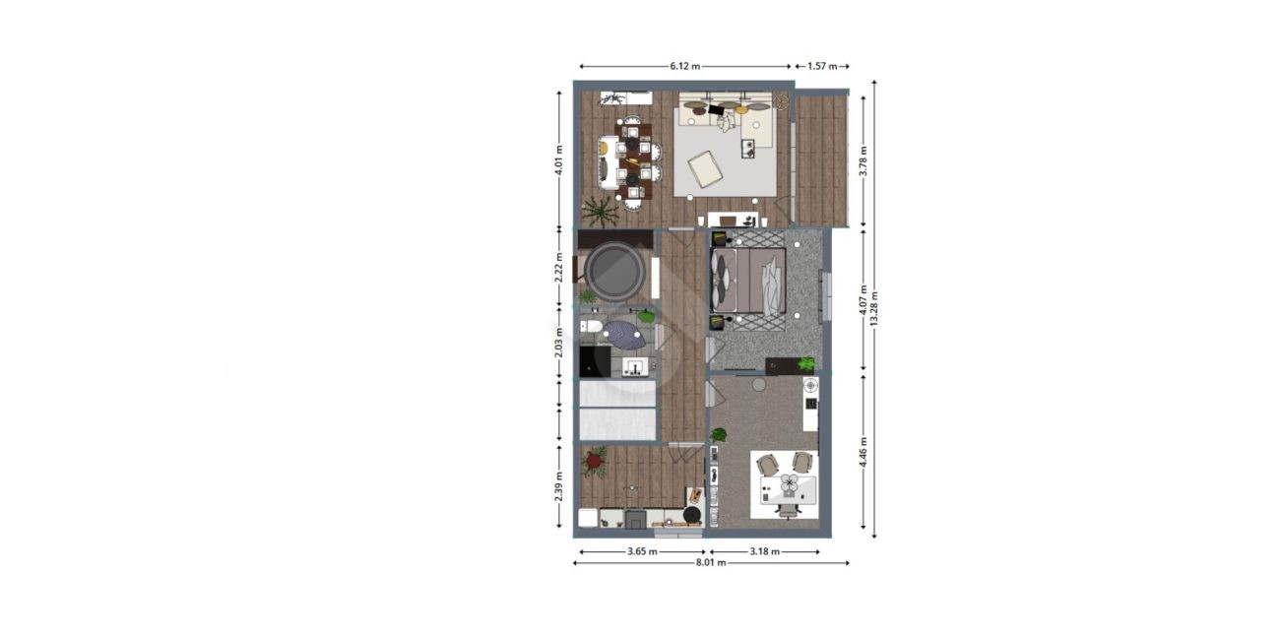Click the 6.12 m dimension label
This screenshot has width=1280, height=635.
point(684,66)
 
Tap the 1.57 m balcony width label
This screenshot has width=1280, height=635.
point(822,66)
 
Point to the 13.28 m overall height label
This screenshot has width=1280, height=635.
point(873,309)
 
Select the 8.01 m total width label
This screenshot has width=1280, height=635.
point(711,562)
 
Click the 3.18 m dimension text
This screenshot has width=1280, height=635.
point(765,551)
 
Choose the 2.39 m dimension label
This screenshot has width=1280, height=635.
point(559,486)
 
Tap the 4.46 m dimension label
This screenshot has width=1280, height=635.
point(863,452)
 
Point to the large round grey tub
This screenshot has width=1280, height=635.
point(614,272)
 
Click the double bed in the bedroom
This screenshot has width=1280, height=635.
point(748,281)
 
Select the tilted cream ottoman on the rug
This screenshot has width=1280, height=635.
point(705,168)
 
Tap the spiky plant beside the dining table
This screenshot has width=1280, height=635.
point(601,212)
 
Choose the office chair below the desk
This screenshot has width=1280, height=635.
point(787,510)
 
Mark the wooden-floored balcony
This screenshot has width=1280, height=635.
point(821,160)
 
